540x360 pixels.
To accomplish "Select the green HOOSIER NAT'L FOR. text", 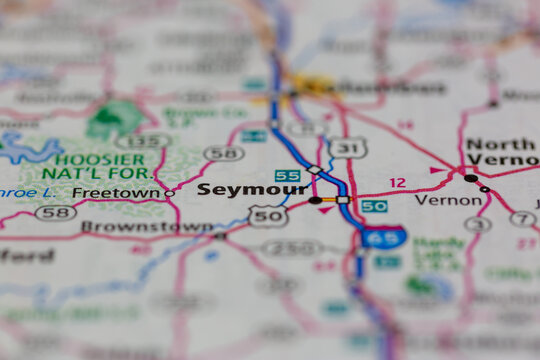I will coord(99,167).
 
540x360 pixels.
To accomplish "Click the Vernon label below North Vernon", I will coord(435,200).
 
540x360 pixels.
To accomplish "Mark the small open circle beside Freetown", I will coord(169,193).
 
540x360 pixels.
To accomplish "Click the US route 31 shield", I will coord(348,148).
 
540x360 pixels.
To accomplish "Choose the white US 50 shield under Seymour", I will coord(268,215).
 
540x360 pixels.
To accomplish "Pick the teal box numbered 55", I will coord(288,175).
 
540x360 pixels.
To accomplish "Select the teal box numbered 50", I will coord(374,206).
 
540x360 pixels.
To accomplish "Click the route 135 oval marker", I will coord(141,141).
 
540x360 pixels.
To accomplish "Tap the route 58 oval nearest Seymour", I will coord(223,153).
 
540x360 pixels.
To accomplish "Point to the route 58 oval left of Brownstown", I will coord(55,213).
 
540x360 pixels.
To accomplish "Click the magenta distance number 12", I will coord(398,183).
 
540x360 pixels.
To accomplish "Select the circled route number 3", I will coord(477,224).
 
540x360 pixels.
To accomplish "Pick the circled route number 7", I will coord(522,218).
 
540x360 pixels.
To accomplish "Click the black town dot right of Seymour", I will coord(316,200).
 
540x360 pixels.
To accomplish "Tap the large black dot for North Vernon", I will coord(470,178).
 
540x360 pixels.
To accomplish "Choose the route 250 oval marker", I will coord(292,248).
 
